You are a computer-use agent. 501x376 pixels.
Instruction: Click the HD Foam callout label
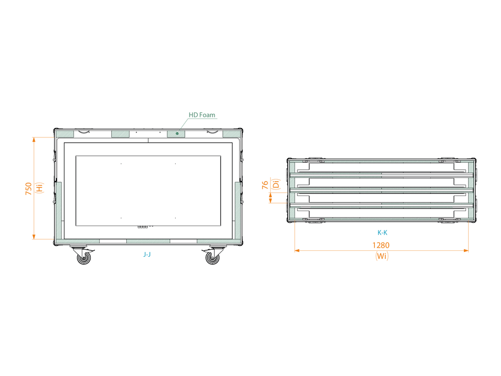click(201, 115)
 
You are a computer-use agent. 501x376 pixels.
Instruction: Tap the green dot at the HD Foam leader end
click(177, 133)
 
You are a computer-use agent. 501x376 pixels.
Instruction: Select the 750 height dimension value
click(29, 189)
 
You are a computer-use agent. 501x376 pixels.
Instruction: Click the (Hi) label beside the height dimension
click(39, 187)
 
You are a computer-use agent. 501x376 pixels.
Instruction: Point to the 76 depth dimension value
click(265, 185)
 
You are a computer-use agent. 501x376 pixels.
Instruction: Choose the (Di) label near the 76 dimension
click(276, 184)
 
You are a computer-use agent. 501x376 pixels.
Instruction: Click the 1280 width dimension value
click(381, 245)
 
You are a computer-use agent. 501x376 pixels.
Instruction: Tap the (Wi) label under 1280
click(382, 256)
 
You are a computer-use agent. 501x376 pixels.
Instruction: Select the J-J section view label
click(147, 255)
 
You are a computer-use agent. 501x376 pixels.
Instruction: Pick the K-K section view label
click(382, 233)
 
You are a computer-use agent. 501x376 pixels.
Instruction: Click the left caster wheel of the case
click(84, 258)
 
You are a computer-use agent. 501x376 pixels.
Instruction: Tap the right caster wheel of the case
click(213, 258)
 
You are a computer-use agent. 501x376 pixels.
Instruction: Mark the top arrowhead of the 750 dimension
click(34, 140)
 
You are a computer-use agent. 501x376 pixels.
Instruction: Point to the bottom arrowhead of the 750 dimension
click(34, 237)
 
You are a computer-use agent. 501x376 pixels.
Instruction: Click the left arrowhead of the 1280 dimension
click(297, 251)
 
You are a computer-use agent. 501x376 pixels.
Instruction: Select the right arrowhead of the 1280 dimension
click(466, 251)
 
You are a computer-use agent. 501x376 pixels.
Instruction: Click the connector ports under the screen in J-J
click(143, 227)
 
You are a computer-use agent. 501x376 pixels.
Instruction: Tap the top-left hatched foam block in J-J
click(65, 134)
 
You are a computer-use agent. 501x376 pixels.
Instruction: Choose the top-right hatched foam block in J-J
click(231, 134)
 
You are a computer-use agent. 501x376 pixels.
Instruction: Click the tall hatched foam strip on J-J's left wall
click(59, 211)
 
